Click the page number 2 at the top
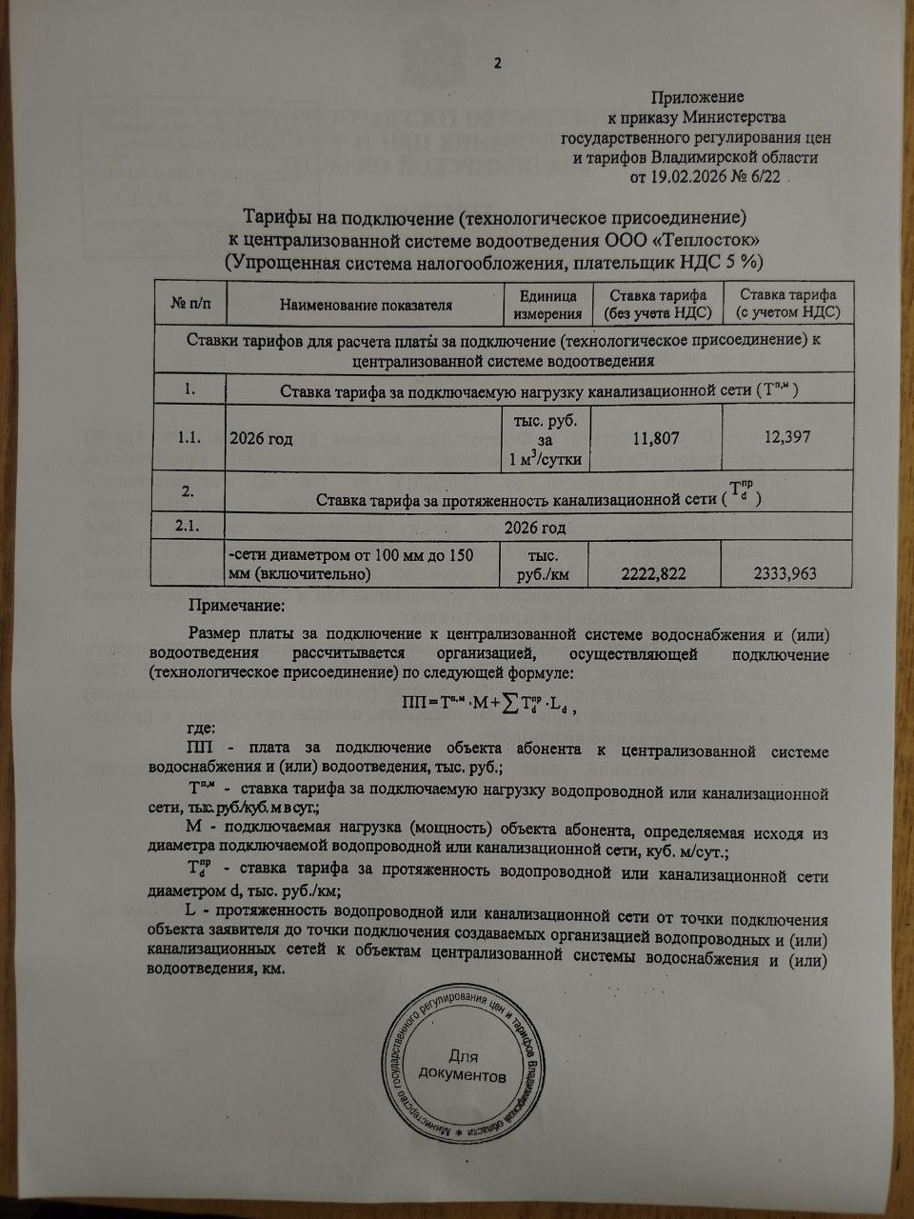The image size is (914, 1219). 496,64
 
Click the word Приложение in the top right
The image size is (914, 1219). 697,97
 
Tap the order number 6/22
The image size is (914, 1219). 766,176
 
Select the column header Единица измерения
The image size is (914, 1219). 547,305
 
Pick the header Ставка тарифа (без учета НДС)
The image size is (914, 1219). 656,305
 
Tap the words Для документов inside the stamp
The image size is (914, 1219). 473,1066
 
